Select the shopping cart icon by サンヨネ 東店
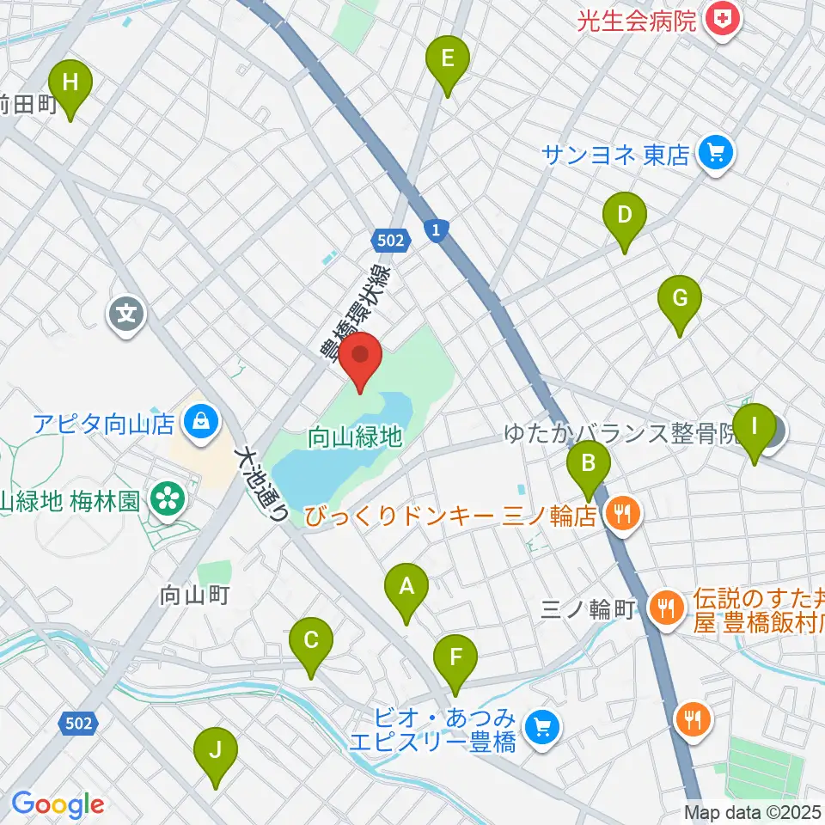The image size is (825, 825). (715, 154)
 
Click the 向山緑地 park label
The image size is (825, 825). (355, 437)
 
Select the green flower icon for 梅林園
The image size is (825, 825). (166, 500)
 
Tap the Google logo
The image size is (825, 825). (58, 804)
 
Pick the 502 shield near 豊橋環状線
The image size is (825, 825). (389, 241)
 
